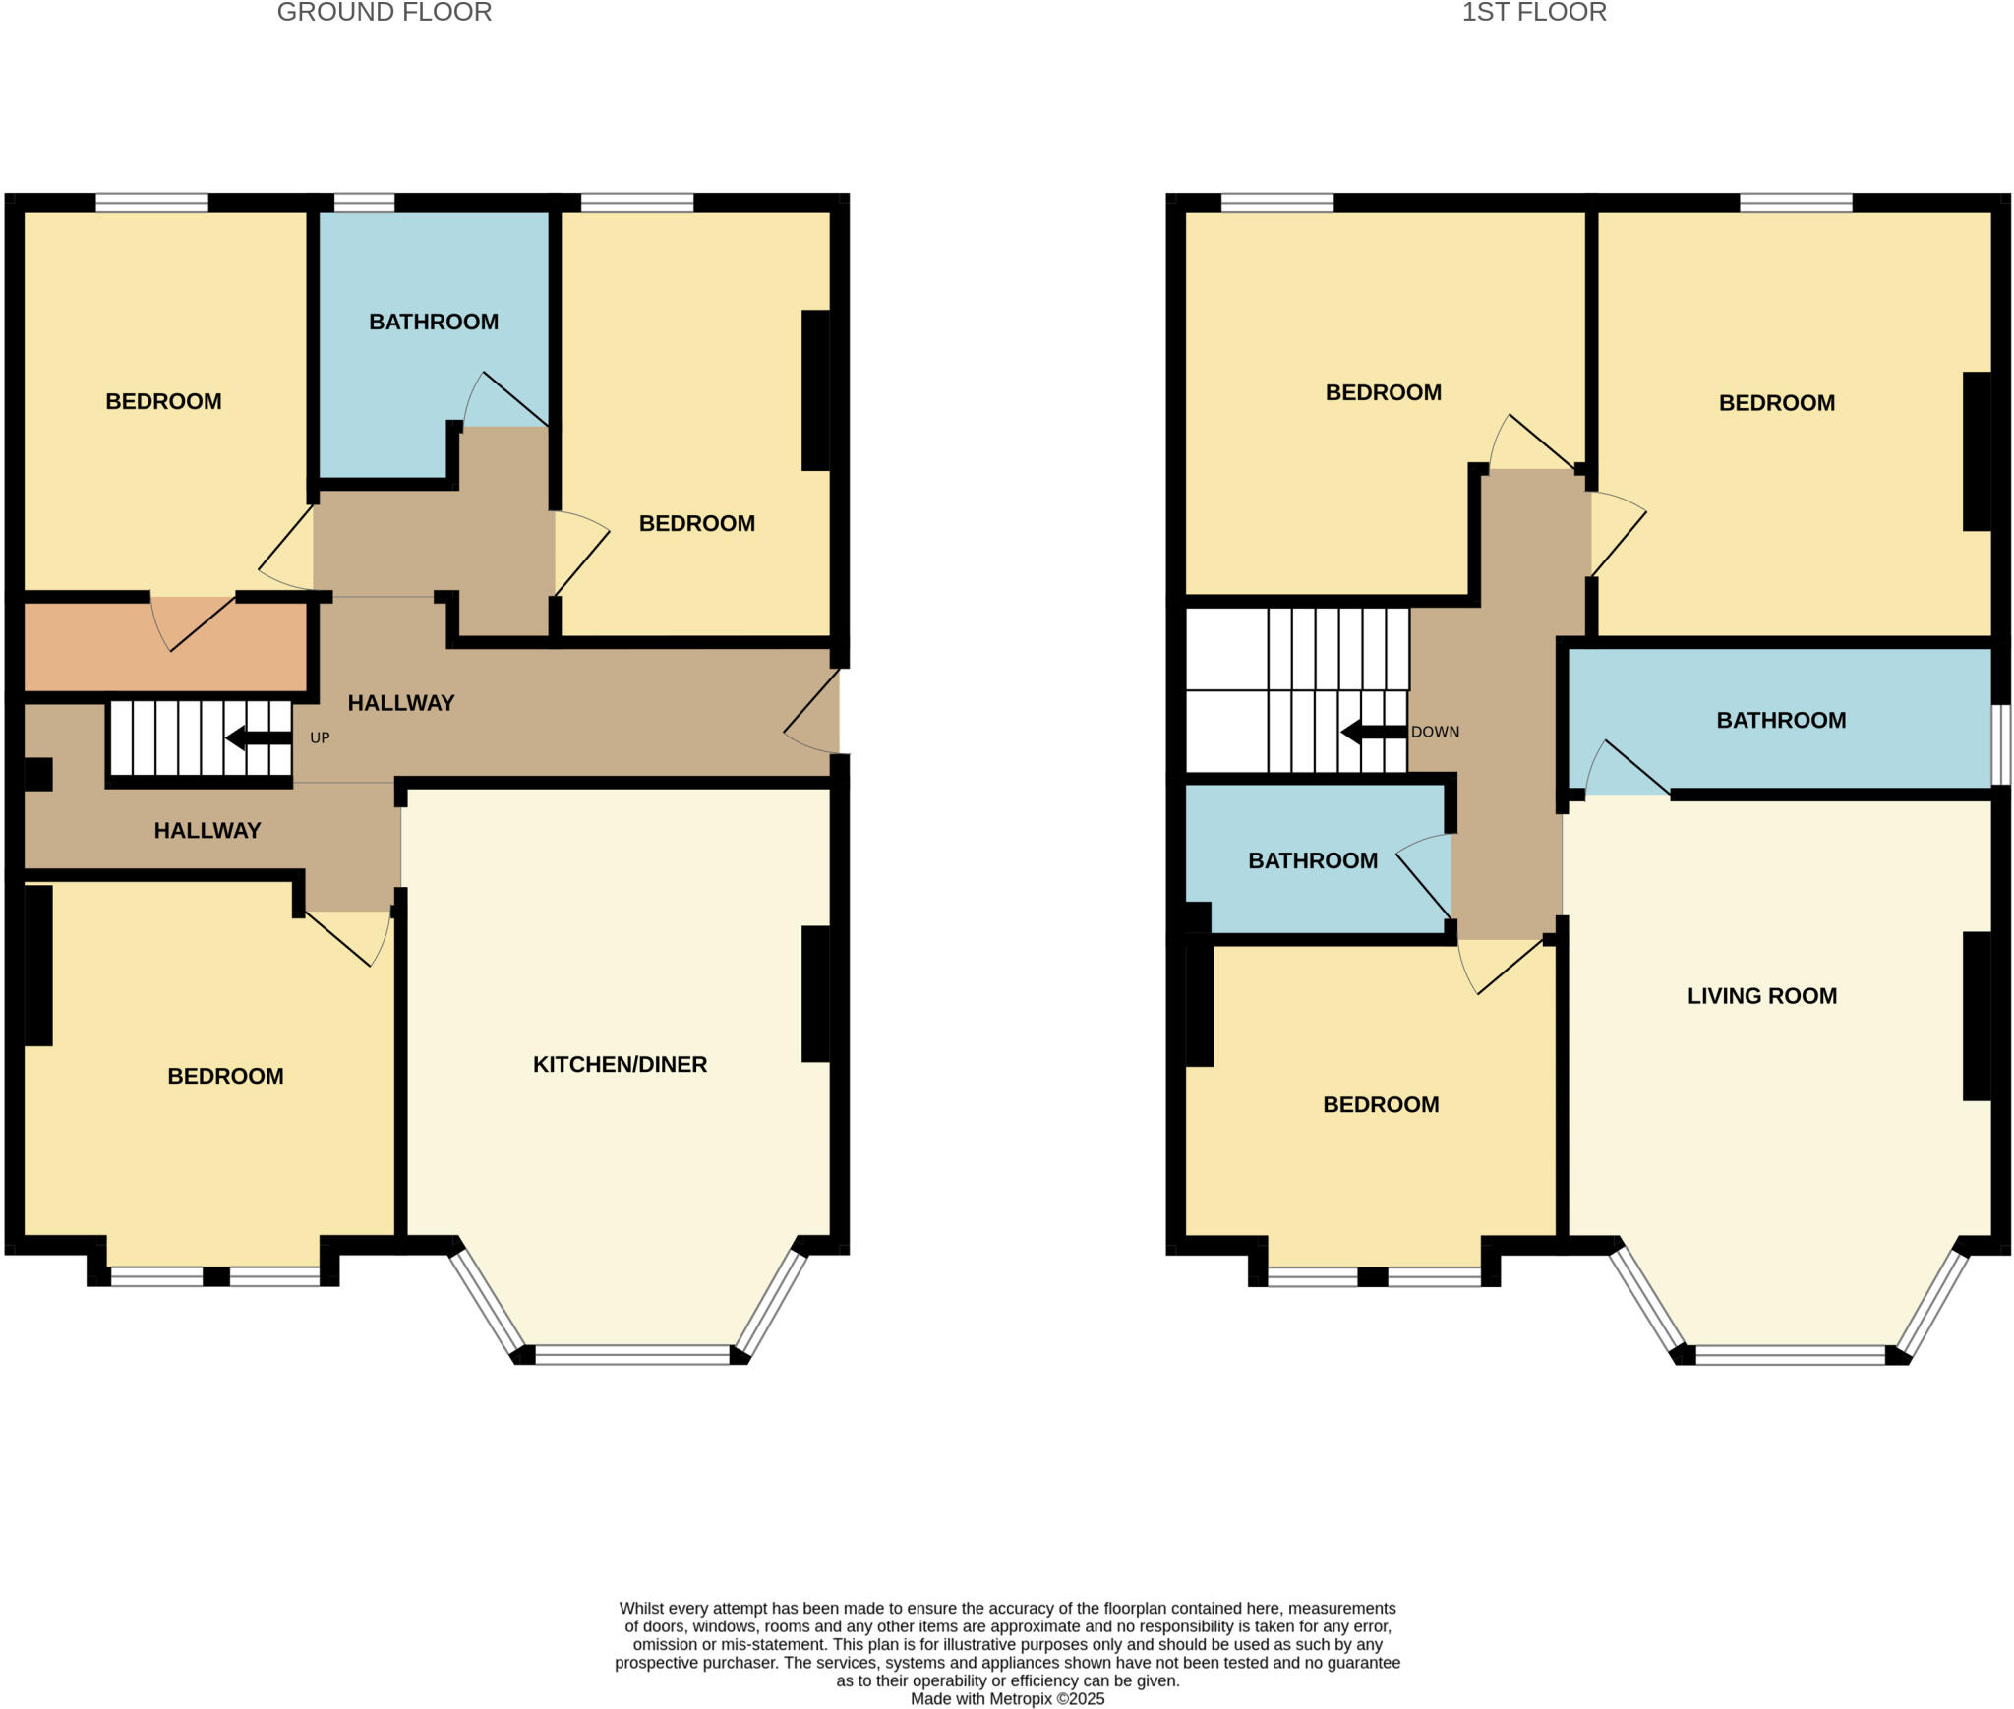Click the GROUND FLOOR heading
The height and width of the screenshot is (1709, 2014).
(384, 13)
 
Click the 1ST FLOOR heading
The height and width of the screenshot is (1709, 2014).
(1533, 13)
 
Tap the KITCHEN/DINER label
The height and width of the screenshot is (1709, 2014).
(620, 1064)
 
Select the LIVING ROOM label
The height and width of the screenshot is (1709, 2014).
(1761, 996)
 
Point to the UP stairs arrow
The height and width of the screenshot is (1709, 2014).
(258, 737)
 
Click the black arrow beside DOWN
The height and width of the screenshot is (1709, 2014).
(1373, 733)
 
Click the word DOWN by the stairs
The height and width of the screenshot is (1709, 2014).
(1435, 733)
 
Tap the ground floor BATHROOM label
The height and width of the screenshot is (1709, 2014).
(434, 322)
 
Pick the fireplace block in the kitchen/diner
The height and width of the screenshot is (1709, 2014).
(815, 994)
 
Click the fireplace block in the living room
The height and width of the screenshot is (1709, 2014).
(1977, 1016)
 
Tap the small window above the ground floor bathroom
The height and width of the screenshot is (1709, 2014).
(364, 203)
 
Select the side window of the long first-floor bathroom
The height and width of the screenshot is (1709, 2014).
(2001, 744)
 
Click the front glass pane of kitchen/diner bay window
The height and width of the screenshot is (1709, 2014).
(632, 1355)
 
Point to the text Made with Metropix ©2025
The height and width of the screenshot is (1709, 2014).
(1007, 1699)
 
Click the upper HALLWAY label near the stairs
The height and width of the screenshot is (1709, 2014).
(401, 703)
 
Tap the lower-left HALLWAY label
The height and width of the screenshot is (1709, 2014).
(207, 831)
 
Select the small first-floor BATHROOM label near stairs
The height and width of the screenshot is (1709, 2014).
(1312, 861)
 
